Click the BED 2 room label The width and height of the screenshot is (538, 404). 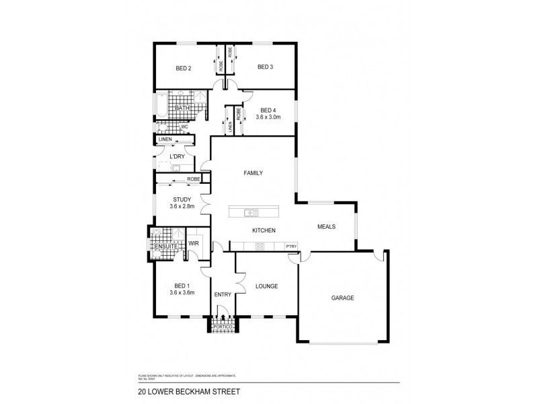tap(184, 68)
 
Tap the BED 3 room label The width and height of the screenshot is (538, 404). tap(265, 67)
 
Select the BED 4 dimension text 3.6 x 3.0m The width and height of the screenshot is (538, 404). tap(268, 117)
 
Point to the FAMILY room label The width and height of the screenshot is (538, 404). tap(253, 173)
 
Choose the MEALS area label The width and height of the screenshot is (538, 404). tap(326, 227)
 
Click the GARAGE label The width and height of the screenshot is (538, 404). tap(342, 298)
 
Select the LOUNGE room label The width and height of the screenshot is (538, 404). tap(267, 286)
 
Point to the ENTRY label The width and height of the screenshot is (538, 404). tap(223, 294)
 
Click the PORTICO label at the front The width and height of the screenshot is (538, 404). tap(222, 327)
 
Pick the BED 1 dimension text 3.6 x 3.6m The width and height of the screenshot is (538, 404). tap(182, 293)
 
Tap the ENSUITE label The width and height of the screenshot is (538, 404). tap(164, 247)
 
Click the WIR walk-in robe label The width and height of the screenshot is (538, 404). tap(193, 243)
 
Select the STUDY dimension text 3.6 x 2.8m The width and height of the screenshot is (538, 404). tap(182, 206)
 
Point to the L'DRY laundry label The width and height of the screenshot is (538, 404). tap(178, 156)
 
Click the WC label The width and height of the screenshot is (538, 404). tap(184, 127)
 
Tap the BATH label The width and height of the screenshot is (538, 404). tap(182, 108)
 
